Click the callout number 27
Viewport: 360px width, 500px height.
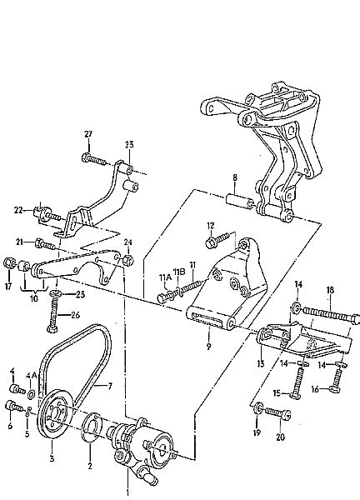(x=88, y=134)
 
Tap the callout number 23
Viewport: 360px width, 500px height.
(x=129, y=144)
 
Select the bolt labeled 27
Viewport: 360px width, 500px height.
(x=94, y=159)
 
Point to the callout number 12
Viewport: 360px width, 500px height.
(x=211, y=226)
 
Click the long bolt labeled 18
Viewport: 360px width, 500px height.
(x=330, y=314)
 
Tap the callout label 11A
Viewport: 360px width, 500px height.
(x=164, y=277)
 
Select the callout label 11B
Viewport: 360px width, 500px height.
(x=179, y=271)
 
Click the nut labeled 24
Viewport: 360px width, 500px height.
(x=128, y=260)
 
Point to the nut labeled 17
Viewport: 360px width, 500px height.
(x=9, y=263)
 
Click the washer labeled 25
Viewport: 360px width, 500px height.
(x=54, y=293)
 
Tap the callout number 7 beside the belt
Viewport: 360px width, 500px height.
(x=110, y=387)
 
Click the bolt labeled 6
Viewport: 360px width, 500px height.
(x=13, y=406)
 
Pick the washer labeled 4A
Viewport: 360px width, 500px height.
(x=31, y=394)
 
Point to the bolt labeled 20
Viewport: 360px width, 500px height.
(x=277, y=413)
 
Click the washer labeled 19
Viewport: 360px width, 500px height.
(x=258, y=409)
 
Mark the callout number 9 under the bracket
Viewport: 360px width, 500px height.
(x=208, y=347)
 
